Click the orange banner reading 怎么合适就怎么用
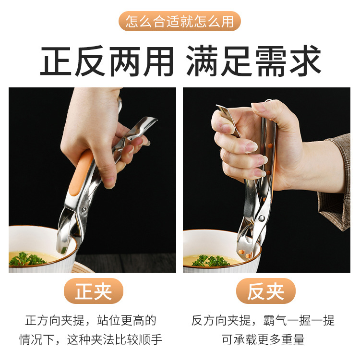[x=180, y=22]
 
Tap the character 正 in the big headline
[x=57, y=60]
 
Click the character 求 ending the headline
[x=303, y=60]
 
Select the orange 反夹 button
[x=265, y=291]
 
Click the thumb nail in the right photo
[x=260, y=108]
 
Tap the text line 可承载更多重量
[x=263, y=339]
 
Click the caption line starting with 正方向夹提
[x=91, y=320]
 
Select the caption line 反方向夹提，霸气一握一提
[x=263, y=320]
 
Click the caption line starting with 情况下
[x=91, y=339]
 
